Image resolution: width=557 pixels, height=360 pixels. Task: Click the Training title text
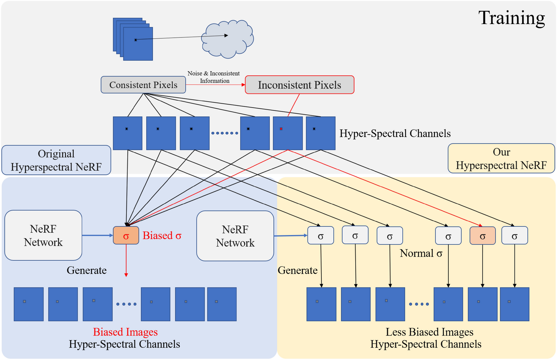click(511, 18)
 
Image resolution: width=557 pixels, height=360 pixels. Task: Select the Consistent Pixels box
click(143, 85)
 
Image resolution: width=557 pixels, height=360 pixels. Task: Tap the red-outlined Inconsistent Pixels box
click(299, 85)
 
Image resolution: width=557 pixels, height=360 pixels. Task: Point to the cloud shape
click(227, 39)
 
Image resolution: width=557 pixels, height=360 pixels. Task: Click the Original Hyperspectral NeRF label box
click(56, 160)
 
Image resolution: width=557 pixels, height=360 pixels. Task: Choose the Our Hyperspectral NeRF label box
click(501, 158)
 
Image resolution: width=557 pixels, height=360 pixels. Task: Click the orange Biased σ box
click(126, 235)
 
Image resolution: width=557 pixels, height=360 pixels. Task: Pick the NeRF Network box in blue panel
click(43, 235)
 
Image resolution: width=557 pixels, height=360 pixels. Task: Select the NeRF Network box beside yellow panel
click(235, 236)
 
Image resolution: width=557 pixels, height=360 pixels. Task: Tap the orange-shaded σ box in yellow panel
click(482, 236)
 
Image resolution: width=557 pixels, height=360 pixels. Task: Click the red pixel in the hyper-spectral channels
click(281, 129)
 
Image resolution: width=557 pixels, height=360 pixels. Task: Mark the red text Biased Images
click(125, 332)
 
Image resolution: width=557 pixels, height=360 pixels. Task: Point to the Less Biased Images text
click(429, 332)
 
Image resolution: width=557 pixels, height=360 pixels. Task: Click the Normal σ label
click(421, 253)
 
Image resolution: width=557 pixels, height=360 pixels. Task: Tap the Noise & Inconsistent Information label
click(214, 77)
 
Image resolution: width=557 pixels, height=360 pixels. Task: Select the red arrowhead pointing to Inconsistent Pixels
click(243, 85)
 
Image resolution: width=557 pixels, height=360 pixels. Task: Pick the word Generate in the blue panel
click(86, 270)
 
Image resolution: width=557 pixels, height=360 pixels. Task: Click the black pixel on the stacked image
click(136, 40)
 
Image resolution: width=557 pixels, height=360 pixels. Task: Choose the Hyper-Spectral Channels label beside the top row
click(395, 133)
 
